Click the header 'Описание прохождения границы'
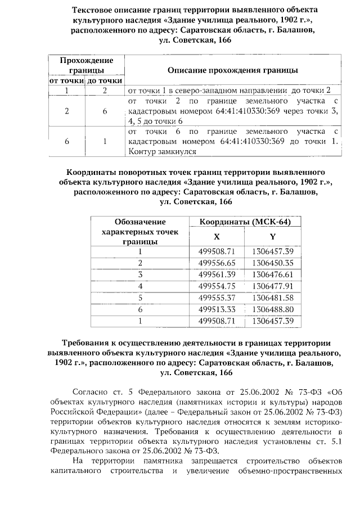[x=233, y=70]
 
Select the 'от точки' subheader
[x=66, y=81]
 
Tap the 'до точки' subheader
[x=105, y=81]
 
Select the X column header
[x=217, y=237]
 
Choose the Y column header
[x=272, y=237]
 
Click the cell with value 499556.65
[x=217, y=263]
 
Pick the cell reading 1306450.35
[x=273, y=263]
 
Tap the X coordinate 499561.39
[x=217, y=274]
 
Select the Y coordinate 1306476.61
[x=273, y=274]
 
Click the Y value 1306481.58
[x=273, y=298]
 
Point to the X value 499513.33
[x=217, y=309]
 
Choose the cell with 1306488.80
[x=273, y=309]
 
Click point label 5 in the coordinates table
[x=139, y=298]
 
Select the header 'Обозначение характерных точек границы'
[x=139, y=231]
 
